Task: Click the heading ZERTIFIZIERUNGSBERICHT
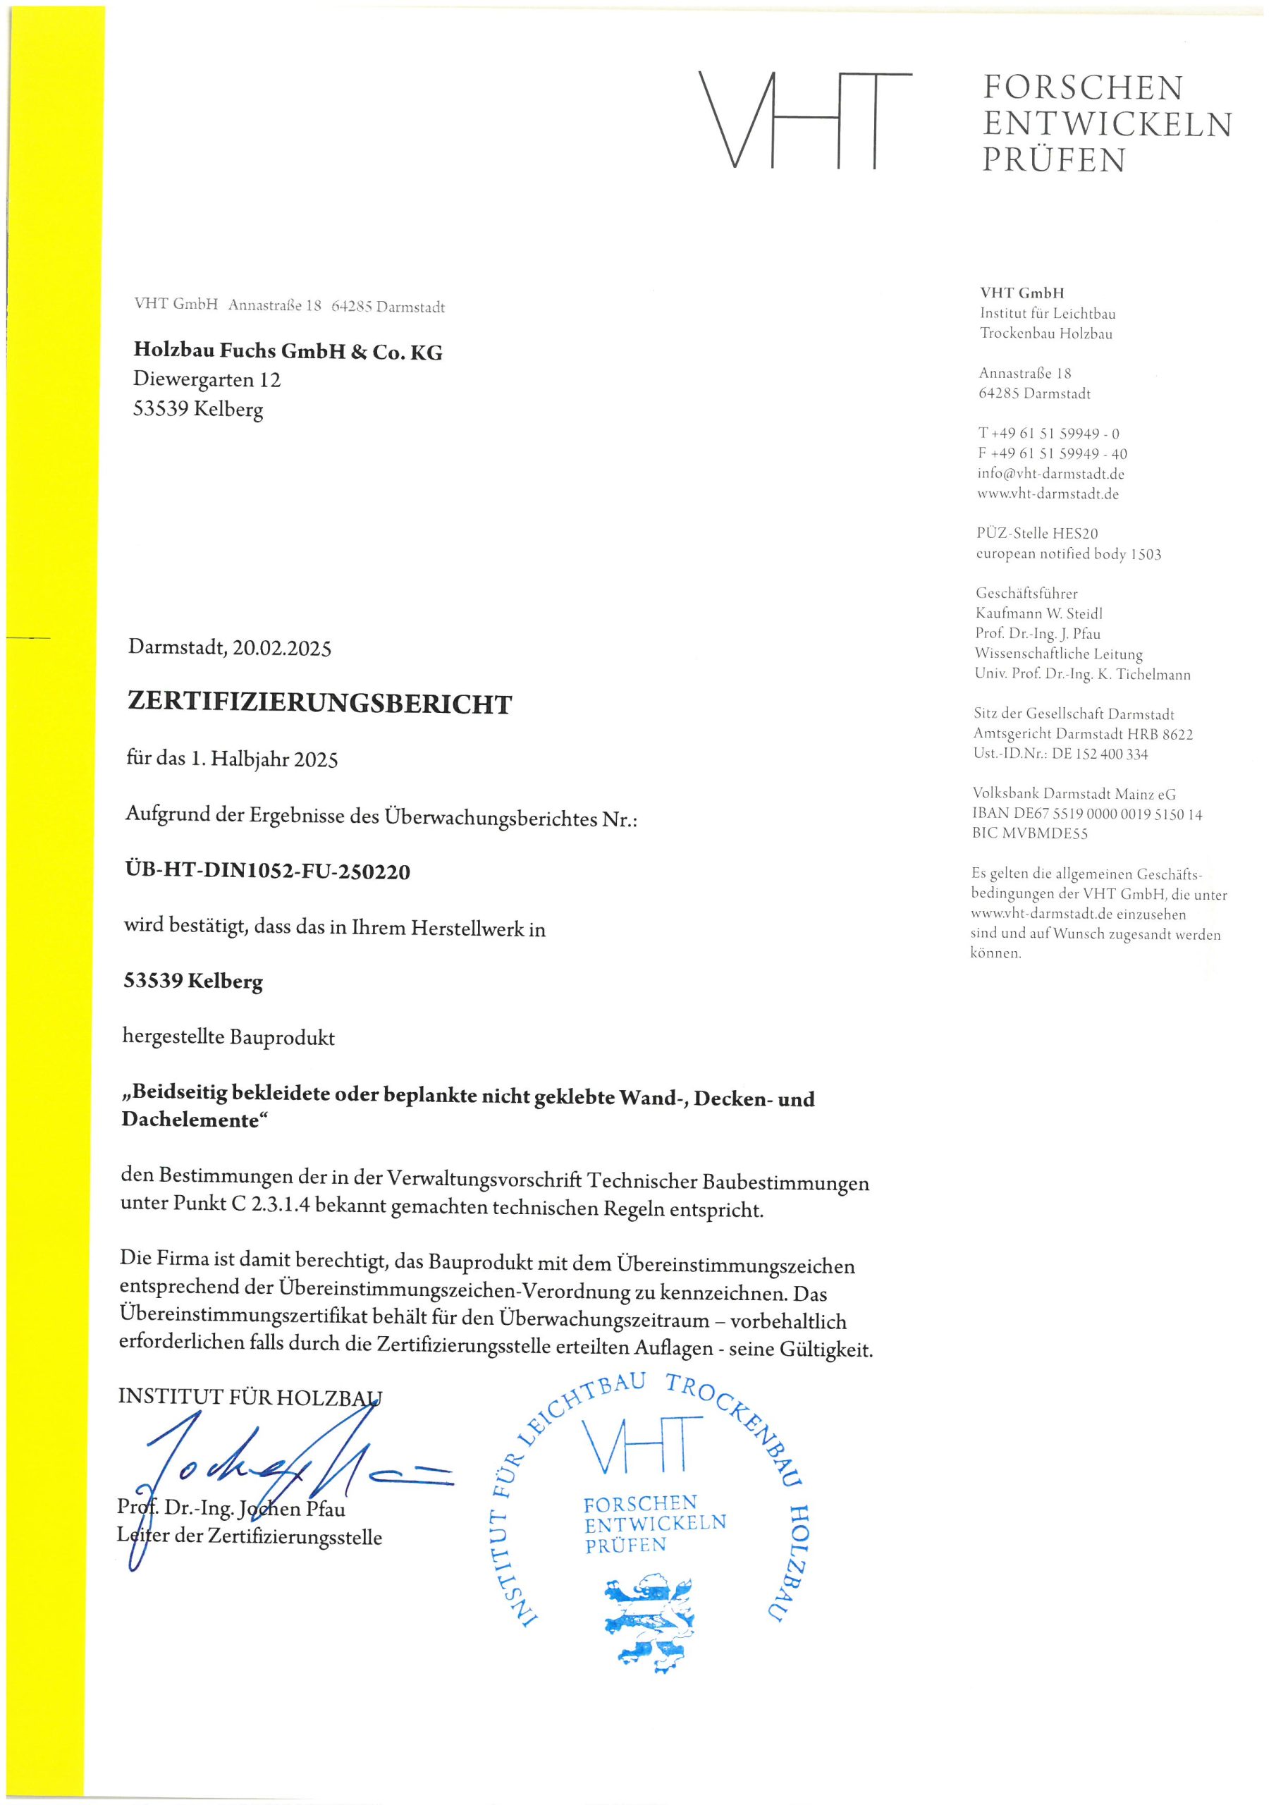coord(319,704)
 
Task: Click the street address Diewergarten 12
coord(207,380)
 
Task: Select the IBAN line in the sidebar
coord(1086,814)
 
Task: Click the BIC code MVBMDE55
coord(1030,834)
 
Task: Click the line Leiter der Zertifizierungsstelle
coord(250,1537)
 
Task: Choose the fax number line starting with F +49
coord(1052,453)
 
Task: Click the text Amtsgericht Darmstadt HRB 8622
coord(1083,734)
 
